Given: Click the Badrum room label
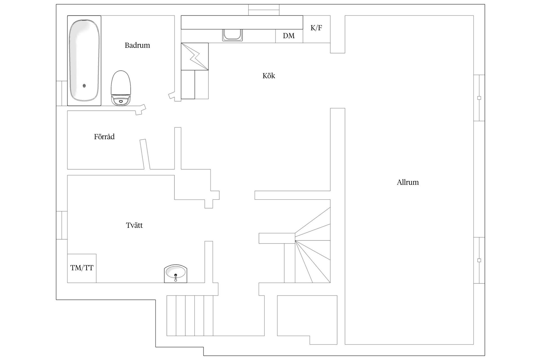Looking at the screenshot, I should tap(137, 45).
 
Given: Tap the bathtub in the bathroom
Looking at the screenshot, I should tap(84, 60).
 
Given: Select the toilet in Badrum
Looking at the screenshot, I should tap(121, 88).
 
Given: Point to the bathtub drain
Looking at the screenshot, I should tap(84, 86).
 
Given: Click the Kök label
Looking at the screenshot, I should tap(269, 76).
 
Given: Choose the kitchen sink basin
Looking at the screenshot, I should tap(232, 35).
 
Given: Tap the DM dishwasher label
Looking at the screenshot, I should tap(289, 36).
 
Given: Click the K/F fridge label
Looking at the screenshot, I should tap(316, 28).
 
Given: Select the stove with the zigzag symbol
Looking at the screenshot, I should tap(195, 56).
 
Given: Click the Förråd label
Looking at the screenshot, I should tap(104, 137).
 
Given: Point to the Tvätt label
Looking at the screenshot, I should tap(134, 225).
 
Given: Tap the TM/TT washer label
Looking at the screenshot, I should tap(82, 268).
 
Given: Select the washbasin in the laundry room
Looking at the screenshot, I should tap(176, 273).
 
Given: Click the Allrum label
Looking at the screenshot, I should tap(408, 182).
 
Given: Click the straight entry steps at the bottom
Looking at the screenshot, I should tap(190, 316).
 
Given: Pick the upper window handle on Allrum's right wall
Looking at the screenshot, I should tap(479, 98).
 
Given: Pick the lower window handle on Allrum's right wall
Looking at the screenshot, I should tap(479, 260).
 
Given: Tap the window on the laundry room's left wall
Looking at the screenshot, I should tap(62, 225).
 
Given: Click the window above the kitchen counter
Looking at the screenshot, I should tap(264, 10).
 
